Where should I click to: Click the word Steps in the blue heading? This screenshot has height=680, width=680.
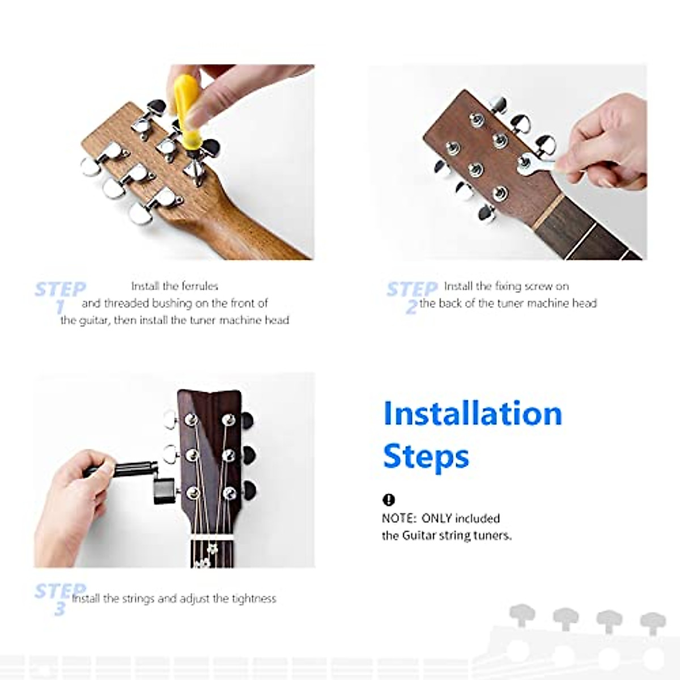426,456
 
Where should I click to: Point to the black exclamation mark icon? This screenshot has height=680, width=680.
388,499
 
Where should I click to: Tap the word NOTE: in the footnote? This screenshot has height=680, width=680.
399,518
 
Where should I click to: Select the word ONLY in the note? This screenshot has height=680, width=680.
436,518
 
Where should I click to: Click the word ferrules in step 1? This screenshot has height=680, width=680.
199,286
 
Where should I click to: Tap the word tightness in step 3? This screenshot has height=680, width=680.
254,598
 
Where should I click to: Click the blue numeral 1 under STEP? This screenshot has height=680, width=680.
60,307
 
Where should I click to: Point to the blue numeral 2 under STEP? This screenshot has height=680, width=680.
411,307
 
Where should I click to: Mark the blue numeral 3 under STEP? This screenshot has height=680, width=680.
60,609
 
